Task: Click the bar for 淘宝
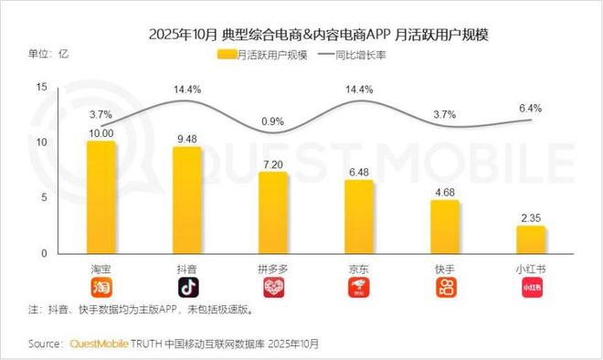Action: (101, 197)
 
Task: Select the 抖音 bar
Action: (187, 200)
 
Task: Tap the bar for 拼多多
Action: (273, 213)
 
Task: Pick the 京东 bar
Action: (359, 217)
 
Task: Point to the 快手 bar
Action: (445, 227)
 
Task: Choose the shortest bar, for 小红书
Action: (531, 239)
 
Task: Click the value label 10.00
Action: (101, 133)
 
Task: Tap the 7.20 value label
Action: (273, 164)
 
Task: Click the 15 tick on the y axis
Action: (40, 87)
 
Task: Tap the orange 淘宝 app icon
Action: (101, 289)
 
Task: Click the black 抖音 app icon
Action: (187, 289)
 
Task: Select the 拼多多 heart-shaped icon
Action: (273, 289)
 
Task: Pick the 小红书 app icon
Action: (531, 289)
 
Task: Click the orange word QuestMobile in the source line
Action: (101, 344)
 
